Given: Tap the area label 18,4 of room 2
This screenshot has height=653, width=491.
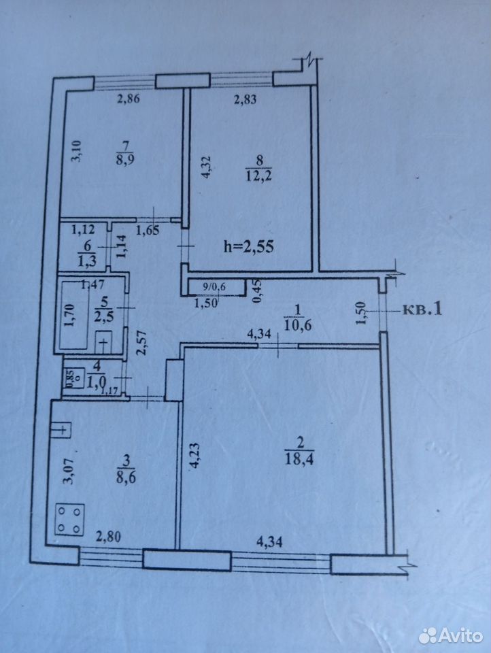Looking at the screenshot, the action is [299, 459].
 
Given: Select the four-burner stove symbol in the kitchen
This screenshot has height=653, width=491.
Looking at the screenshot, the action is [69, 519].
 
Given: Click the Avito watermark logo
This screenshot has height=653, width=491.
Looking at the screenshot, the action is [451, 635].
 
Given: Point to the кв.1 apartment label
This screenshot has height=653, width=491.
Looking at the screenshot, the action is [422, 310].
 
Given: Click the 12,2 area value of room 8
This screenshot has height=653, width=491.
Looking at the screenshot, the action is [258, 176].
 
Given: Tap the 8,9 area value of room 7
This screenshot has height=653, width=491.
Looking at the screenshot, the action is [124, 160].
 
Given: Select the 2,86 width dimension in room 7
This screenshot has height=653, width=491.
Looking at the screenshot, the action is [127, 99].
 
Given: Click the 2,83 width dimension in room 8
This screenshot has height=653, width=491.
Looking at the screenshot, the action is [245, 99].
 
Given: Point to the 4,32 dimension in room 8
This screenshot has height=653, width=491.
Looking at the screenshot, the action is [207, 167].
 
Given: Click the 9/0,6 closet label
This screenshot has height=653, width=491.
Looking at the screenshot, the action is [214, 286].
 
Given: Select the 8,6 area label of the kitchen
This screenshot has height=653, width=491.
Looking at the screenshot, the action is [127, 475].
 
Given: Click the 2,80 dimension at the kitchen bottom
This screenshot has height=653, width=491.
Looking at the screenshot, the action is [108, 537].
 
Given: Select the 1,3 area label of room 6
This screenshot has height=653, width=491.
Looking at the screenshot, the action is [87, 262].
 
